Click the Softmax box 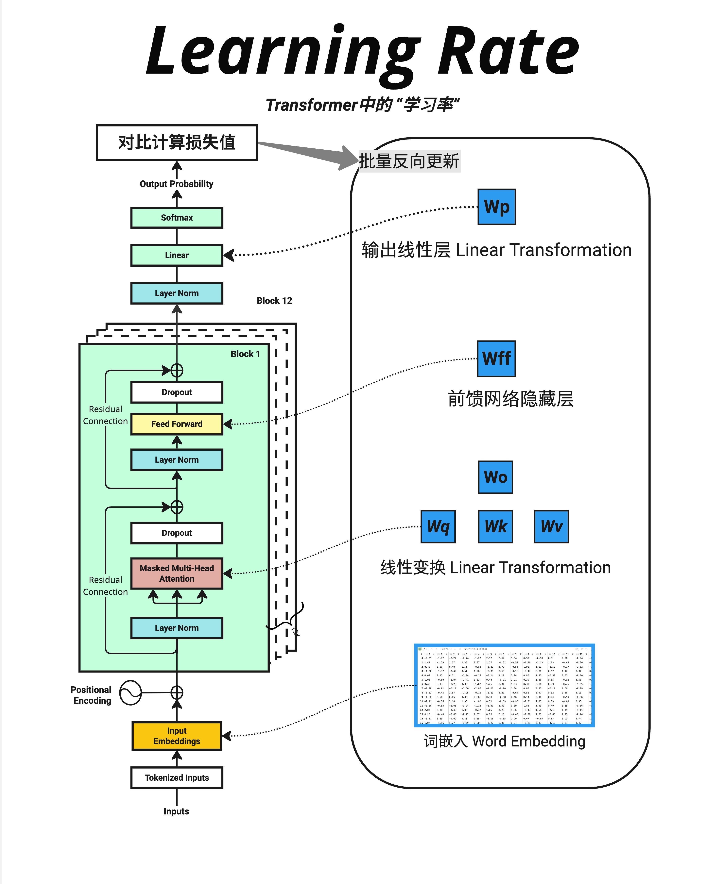click(177, 218)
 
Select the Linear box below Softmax click(177, 255)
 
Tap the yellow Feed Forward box click(177, 424)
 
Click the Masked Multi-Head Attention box click(177, 573)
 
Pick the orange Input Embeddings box click(177, 736)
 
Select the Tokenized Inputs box click(177, 778)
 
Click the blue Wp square click(497, 207)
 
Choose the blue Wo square click(495, 477)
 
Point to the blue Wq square click(438, 526)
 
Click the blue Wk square click(495, 526)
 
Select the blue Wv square click(551, 526)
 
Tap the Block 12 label click(274, 301)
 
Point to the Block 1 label click(245, 354)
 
